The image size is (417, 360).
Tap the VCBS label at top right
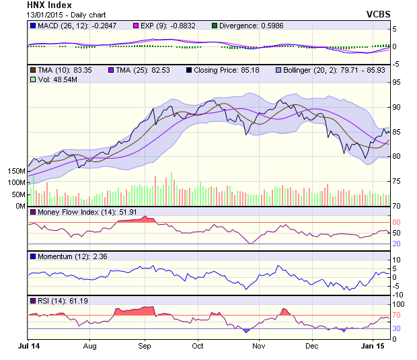pyautogui.click(x=379, y=13)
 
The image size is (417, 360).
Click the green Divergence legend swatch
pyautogui.click(x=215, y=26)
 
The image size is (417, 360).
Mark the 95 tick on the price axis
pyautogui.click(x=397, y=82)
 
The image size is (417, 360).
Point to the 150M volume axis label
pyautogui.click(x=15, y=172)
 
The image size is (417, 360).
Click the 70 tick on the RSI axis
pyautogui.click(x=397, y=315)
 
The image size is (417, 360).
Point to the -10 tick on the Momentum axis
pyautogui.click(x=397, y=294)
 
